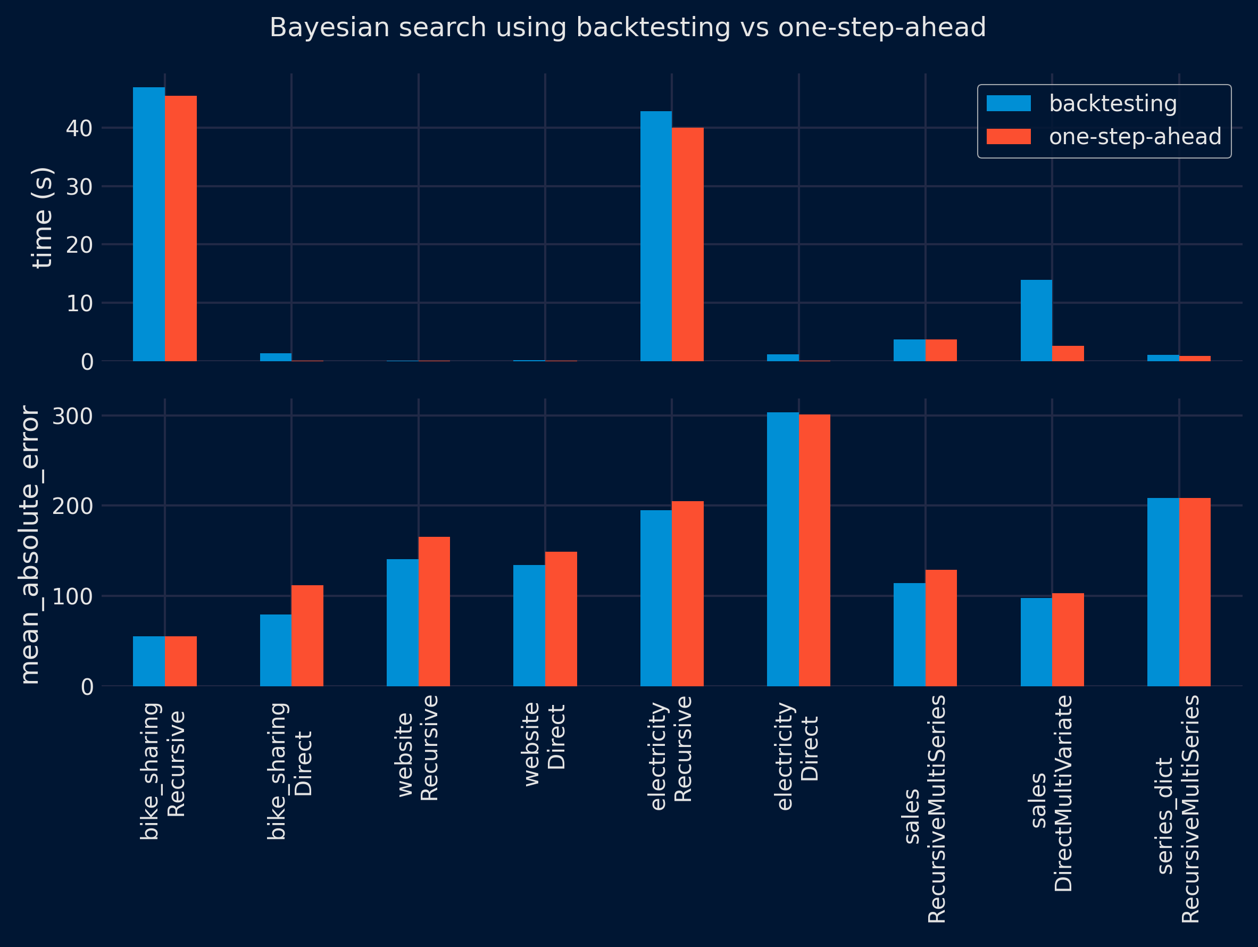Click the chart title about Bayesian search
(x=627, y=28)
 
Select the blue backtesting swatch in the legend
(x=1009, y=104)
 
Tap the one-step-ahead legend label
(x=1135, y=137)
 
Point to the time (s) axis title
(x=43, y=217)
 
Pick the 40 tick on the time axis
(x=79, y=129)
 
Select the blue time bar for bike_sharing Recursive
(x=149, y=224)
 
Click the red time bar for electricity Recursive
(x=688, y=245)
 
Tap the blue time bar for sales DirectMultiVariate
(x=1036, y=320)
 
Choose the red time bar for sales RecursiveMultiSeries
(x=941, y=351)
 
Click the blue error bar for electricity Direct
(x=782, y=549)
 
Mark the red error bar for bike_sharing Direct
(x=307, y=635)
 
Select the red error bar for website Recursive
(x=434, y=611)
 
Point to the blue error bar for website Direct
(x=529, y=625)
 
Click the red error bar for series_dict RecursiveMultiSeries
(x=1195, y=592)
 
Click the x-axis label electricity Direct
(x=797, y=757)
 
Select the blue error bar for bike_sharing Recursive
(x=149, y=661)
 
